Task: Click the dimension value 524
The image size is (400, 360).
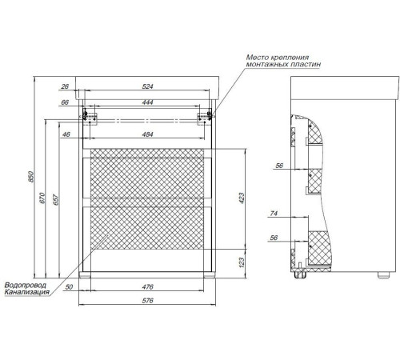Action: pos(147,86)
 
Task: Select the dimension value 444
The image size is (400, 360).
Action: pos(147,102)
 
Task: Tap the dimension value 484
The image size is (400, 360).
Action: pos(147,134)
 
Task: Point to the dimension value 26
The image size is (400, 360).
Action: pos(65,86)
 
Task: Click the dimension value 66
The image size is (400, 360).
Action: pos(65,102)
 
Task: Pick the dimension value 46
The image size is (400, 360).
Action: pos(66,134)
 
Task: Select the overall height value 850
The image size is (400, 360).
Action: pos(31,177)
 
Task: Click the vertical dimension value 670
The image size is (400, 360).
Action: pos(42,198)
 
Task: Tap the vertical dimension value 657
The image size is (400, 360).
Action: pos(55,200)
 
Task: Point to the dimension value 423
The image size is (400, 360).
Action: pos(242,198)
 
